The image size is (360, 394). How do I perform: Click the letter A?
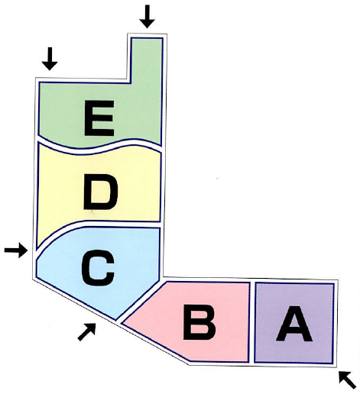[294, 324]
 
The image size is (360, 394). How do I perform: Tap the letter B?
[199, 322]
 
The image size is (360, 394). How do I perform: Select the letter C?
[98, 268]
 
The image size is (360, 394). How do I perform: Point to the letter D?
[100, 192]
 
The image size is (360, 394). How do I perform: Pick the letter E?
[99, 118]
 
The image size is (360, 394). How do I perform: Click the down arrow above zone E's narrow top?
[147, 16]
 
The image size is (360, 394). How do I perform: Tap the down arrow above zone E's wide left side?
[50, 59]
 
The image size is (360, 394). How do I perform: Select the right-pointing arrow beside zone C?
[16, 250]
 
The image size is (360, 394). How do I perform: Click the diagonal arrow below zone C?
[87, 331]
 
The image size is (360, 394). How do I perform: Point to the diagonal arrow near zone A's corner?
[347, 379]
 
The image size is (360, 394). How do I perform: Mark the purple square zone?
[294, 323]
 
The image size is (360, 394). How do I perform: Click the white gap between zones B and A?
[251, 322]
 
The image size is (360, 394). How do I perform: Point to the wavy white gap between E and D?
[99, 146]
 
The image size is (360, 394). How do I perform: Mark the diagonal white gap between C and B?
[140, 299]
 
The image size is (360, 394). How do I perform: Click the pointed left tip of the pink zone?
[122, 323]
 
